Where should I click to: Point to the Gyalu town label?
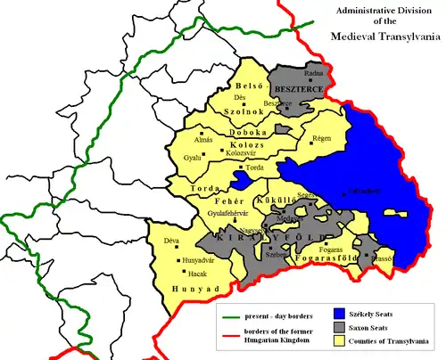click(191, 158)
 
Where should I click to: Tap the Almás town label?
click(202, 140)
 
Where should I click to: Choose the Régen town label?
click(322, 139)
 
